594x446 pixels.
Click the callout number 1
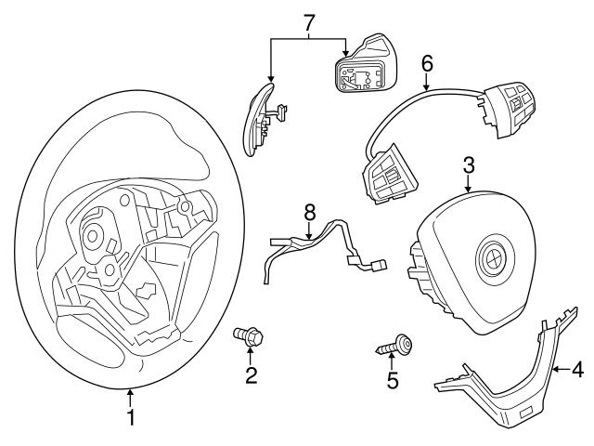tap(131, 418)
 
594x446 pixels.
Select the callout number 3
tap(469, 166)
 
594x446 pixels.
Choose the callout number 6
tap(427, 64)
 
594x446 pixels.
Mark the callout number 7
tap(310, 20)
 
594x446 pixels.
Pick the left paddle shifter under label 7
tap(261, 119)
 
